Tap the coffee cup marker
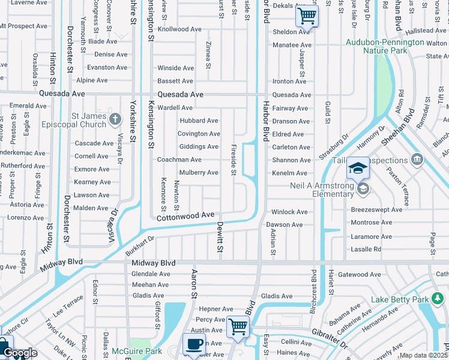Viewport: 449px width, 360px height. [194, 344]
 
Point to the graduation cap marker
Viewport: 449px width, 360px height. [358, 169]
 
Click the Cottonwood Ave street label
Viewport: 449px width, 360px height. [185, 216]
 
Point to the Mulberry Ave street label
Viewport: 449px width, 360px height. [196, 173]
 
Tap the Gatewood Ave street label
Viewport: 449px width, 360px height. [359, 275]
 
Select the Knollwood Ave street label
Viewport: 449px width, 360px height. [179, 29]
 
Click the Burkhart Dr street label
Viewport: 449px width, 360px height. [140, 247]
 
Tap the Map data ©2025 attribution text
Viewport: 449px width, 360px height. [423, 356]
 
